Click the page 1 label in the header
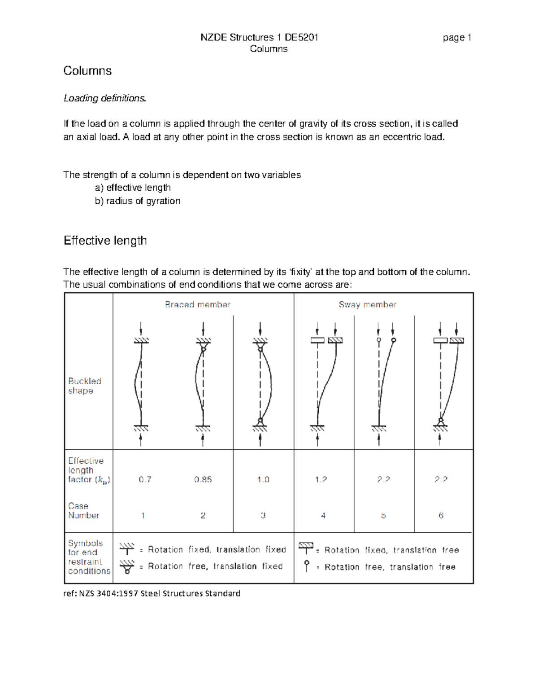[456, 38]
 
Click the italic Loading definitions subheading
[104, 98]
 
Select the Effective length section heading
[105, 241]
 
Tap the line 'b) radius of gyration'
[137, 201]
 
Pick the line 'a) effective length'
[133, 188]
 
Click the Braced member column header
[197, 305]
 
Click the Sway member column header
[367, 305]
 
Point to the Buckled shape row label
[84, 386]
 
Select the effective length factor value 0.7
[145, 479]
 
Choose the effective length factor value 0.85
[203, 479]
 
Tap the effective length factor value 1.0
[263, 479]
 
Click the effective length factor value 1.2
[321, 479]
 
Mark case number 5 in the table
[383, 516]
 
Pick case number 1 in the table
[143, 516]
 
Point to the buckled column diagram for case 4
[326, 384]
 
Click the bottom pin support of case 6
[441, 421]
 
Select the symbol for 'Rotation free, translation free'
[307, 566]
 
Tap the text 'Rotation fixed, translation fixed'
[217, 550]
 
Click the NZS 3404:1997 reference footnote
[152, 593]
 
